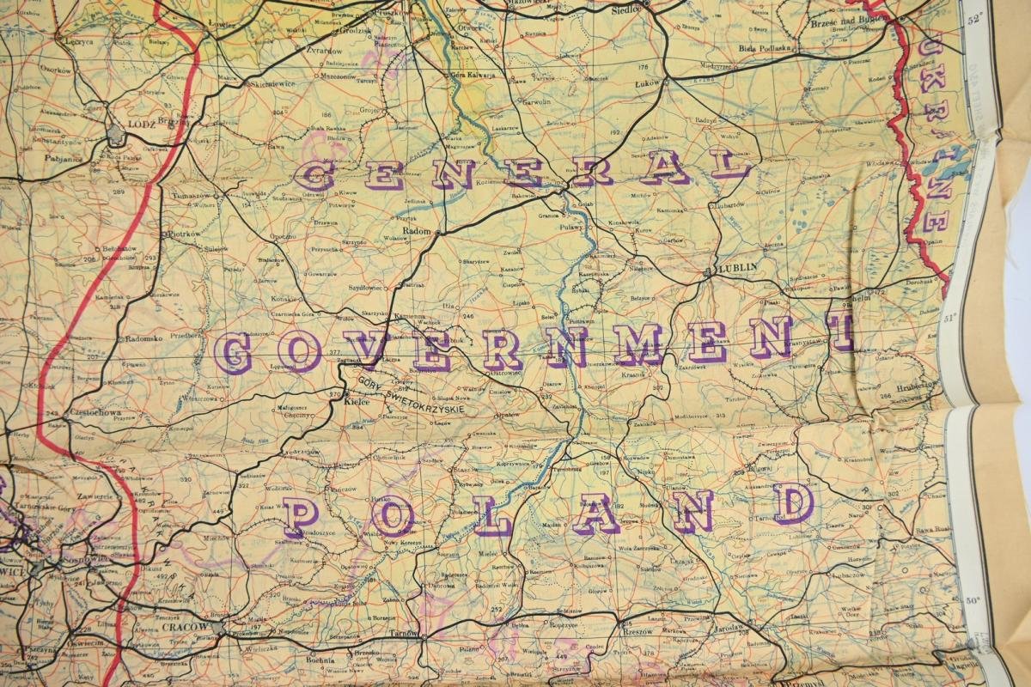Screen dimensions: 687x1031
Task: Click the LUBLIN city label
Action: pos(737,267)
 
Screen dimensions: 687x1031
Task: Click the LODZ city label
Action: pos(139,124)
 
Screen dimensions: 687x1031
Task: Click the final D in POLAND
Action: pos(792,503)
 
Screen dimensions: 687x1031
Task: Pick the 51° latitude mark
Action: pos(950,319)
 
